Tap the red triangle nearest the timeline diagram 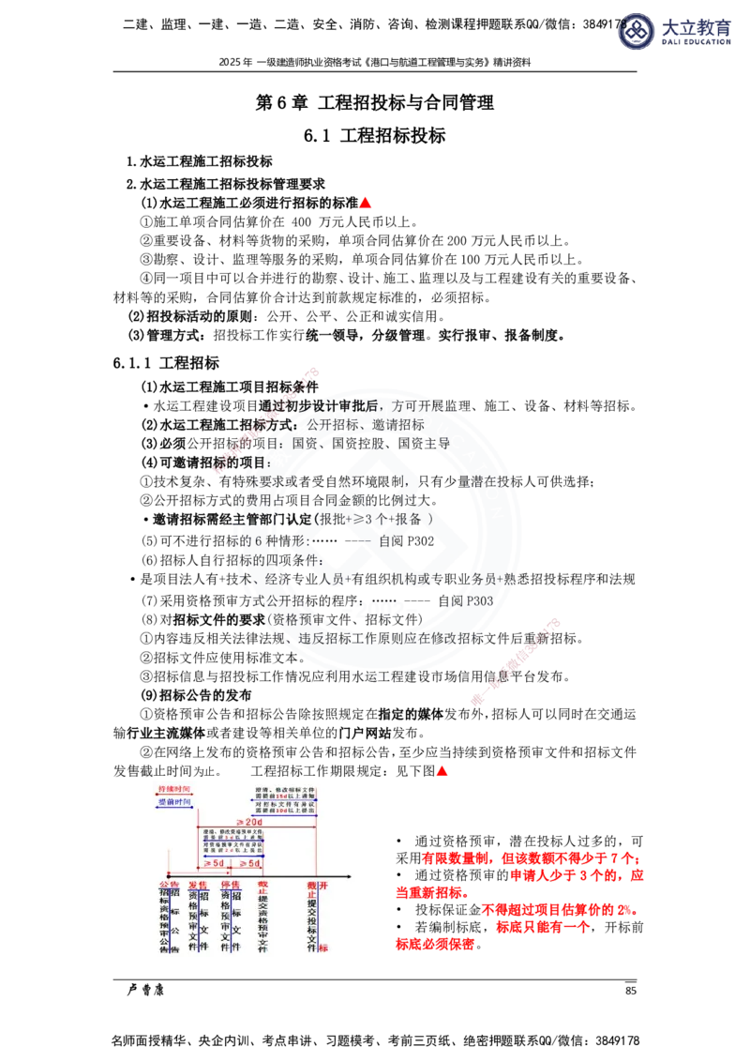click(442, 771)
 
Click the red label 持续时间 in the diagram click(174, 790)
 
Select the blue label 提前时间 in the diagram click(174, 803)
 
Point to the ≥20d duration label click(248, 822)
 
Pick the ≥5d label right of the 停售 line click(249, 863)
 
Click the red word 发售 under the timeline click(198, 885)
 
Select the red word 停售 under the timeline click(231, 885)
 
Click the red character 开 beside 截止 click(323, 885)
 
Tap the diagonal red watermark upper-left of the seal click(266, 422)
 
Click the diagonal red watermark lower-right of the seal click(516, 661)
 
